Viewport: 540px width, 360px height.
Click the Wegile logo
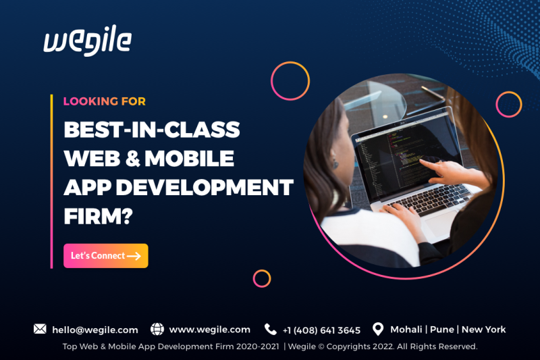pos(88,41)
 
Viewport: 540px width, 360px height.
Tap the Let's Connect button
pos(106,255)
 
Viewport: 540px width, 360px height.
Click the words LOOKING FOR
pos(105,101)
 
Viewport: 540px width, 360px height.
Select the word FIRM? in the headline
pos(98,216)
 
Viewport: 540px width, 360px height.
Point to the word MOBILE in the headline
pos(189,159)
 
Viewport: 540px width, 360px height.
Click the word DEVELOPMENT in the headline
pos(205,187)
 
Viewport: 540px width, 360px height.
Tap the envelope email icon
pos(40,329)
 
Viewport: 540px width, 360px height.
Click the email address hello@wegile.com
pos(95,330)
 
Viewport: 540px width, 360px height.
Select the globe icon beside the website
pos(157,329)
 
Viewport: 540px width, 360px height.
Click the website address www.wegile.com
pos(210,330)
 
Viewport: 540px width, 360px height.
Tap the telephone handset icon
pos(271,330)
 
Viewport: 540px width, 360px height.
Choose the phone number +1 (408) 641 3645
pos(322,330)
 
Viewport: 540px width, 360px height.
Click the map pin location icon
pos(378,329)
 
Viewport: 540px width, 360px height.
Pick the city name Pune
pos(442,330)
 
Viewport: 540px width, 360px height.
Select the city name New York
pos(483,330)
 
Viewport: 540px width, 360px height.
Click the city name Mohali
pos(406,330)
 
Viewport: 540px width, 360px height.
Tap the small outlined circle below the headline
pos(262,269)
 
